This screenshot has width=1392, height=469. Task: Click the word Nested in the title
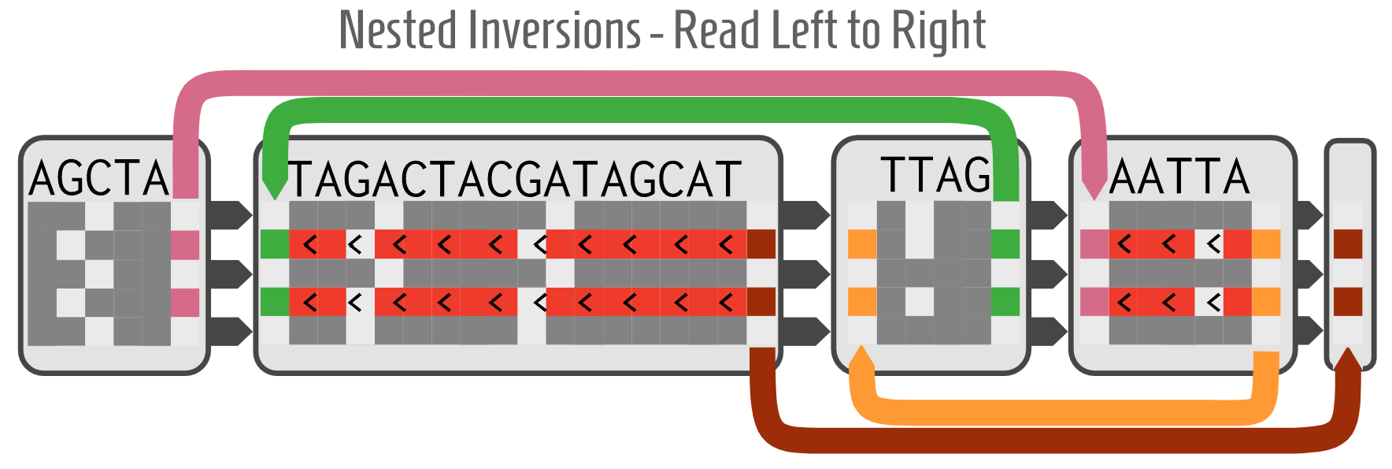(397, 31)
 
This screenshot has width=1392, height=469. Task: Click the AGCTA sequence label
(99, 178)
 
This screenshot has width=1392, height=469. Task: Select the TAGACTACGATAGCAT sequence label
(516, 180)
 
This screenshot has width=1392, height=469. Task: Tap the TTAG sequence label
(935, 175)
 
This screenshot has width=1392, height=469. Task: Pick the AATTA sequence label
(1179, 177)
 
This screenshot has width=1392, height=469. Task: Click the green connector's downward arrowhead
(275, 189)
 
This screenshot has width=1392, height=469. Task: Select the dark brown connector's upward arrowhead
(1348, 359)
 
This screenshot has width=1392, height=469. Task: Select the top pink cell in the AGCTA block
(186, 244)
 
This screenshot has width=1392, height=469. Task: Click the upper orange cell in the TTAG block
(862, 244)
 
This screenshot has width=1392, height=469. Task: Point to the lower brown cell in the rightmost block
(1348, 301)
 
